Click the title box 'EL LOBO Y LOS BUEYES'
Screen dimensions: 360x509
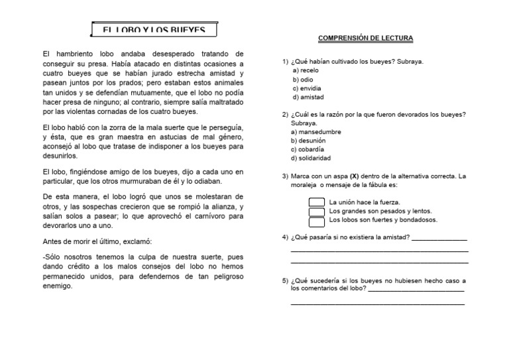coord(154,30)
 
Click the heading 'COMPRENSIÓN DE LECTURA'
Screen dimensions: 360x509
coord(365,38)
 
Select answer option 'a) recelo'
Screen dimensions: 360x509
coord(306,70)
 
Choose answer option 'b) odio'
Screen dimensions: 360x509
coord(303,80)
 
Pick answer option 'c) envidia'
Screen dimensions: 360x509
coord(307,88)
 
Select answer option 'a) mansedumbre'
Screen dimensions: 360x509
coord(315,132)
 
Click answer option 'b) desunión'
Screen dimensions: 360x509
coord(308,141)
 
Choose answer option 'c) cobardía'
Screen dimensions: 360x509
coord(309,149)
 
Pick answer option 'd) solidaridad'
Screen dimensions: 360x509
coord(311,158)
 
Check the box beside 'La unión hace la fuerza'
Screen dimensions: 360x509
coord(316,202)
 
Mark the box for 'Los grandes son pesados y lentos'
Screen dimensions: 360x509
coord(316,211)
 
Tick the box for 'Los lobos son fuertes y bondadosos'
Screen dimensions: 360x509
coord(316,221)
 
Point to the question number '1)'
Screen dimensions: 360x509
coord(285,62)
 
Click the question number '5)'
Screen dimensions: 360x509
coord(285,280)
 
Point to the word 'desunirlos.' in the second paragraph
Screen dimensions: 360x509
coord(60,156)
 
